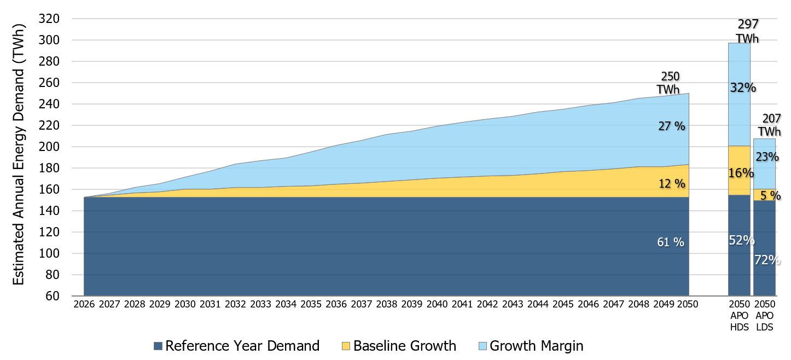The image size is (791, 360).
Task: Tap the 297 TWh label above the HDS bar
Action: pos(747,31)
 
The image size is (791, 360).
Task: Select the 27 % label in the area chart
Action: pos(671,126)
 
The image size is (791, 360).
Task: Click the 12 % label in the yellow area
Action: pos(671,184)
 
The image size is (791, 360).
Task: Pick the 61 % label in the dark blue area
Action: pos(670,242)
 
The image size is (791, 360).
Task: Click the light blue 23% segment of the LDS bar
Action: pos(764,164)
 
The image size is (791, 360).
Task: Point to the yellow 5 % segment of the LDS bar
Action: pos(764,195)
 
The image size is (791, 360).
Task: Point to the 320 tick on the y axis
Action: pos(50,19)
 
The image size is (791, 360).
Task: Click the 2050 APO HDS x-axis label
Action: pos(739,314)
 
